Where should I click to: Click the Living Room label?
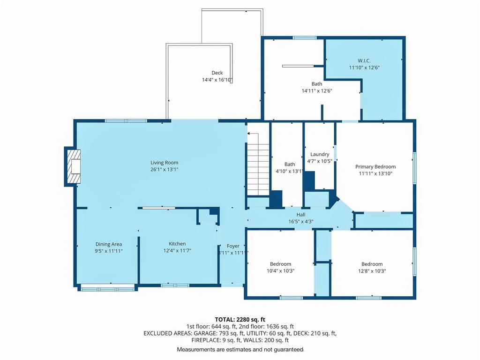(164, 163)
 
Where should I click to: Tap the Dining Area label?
(109, 244)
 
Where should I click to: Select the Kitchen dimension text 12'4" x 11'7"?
(177, 251)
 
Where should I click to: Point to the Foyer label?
(233, 246)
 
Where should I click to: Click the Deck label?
(217, 73)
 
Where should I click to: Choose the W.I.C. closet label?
(364, 60)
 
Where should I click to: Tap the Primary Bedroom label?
(375, 167)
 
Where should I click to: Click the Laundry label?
(320, 155)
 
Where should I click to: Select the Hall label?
(300, 215)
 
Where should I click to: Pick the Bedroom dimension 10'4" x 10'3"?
(280, 271)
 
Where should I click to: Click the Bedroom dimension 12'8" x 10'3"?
(372, 271)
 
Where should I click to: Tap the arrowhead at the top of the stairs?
(249, 134)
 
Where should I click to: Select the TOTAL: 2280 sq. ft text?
(240, 320)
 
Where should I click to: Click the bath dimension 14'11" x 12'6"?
(317, 90)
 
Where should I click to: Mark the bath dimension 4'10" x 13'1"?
(289, 172)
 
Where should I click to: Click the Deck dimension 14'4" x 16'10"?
(217, 80)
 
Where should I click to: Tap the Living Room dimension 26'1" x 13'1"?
(164, 169)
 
